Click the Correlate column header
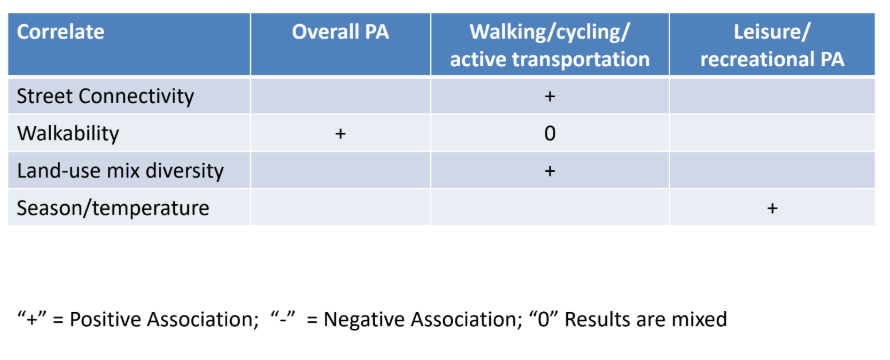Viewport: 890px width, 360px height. click(60, 32)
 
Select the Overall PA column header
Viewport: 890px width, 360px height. click(341, 32)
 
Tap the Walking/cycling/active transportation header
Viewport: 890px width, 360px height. click(549, 45)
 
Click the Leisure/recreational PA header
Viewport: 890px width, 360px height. click(772, 45)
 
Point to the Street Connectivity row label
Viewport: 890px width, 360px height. click(105, 96)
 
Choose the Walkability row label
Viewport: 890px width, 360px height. click(68, 133)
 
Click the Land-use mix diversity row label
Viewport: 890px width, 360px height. click(120, 171)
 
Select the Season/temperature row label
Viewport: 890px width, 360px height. click(113, 208)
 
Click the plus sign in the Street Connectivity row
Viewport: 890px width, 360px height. click(549, 97)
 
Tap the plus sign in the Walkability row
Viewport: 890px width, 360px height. click(341, 134)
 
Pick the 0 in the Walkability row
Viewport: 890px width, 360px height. click(549, 134)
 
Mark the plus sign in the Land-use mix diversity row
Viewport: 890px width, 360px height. click(549, 171)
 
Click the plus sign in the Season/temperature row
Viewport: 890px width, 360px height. click(772, 208)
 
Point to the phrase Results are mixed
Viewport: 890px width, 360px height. click(645, 320)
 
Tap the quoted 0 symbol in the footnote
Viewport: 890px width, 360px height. click(541, 319)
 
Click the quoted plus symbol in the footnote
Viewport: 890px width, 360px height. click(32, 319)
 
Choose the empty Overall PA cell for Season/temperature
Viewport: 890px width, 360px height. click(341, 207)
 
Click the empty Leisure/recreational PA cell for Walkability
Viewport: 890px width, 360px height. click(772, 133)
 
